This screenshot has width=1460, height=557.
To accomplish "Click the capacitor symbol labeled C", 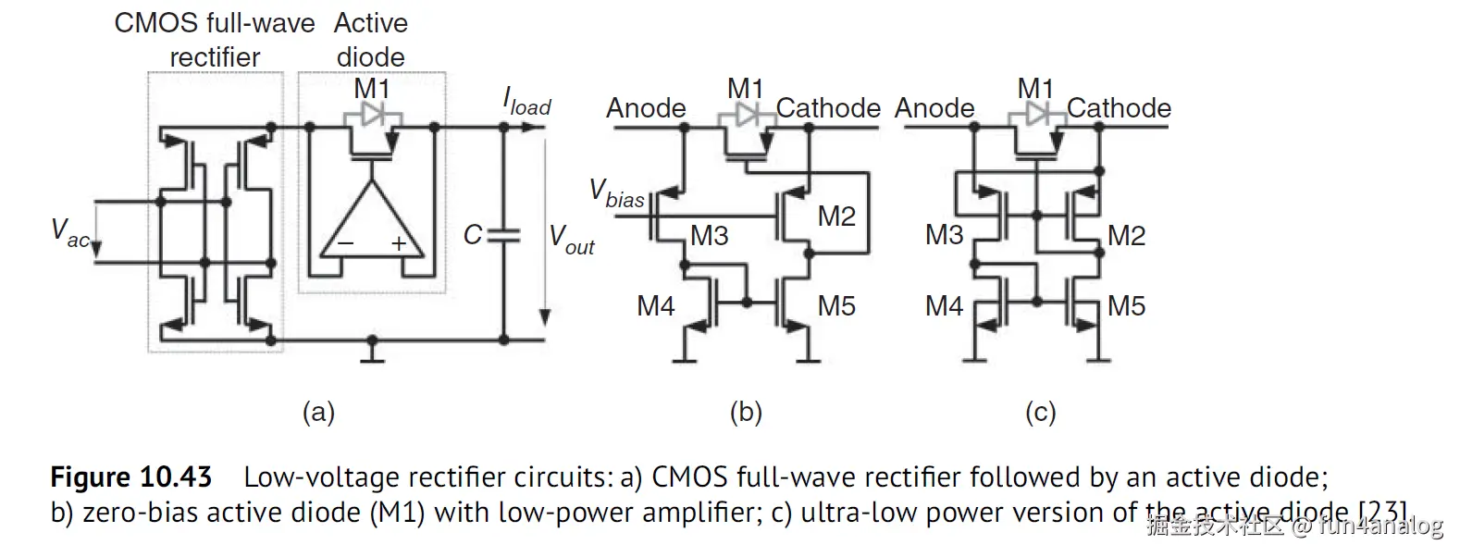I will coord(504,235).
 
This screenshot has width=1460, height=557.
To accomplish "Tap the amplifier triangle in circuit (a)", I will coord(371,222).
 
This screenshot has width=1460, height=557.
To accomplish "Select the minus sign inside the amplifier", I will coord(344,244).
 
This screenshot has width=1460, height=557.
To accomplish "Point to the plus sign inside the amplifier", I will coord(399,244).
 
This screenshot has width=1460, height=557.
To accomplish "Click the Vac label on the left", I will coord(70,232).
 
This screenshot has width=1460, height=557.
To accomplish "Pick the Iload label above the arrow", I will coord(526,102).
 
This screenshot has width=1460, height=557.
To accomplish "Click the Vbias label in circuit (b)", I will coord(617,194).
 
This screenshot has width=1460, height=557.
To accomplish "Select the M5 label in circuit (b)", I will coord(836,306).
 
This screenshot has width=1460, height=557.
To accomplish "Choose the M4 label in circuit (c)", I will coord(944,306).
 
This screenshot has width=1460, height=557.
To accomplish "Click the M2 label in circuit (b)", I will coord(836,217).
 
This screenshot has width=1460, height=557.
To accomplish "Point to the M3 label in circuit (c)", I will coord(944,235).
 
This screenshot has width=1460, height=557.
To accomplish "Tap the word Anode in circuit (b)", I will coord(646,108).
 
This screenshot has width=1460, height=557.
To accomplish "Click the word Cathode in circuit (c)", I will coord(1119,108).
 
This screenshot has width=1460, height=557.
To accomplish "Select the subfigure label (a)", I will coord(318,412).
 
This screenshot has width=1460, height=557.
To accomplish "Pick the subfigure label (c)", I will coord(1041,412).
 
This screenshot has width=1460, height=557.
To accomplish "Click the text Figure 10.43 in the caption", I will coord(131,477).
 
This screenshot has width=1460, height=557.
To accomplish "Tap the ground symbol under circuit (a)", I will coord(372,352).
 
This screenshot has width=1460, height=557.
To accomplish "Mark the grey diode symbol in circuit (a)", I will coord(372,116).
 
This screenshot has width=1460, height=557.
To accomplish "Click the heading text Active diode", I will coord(371,40).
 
